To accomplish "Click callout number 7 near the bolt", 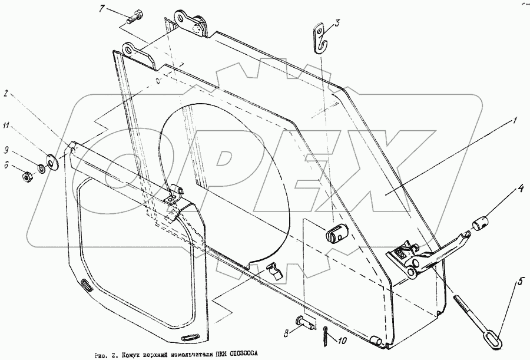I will point(101,9).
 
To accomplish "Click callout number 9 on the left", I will point(7,148).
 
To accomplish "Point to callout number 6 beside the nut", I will point(7,166).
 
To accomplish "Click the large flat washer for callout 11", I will point(51,159).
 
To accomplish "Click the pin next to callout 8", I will point(320,322).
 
